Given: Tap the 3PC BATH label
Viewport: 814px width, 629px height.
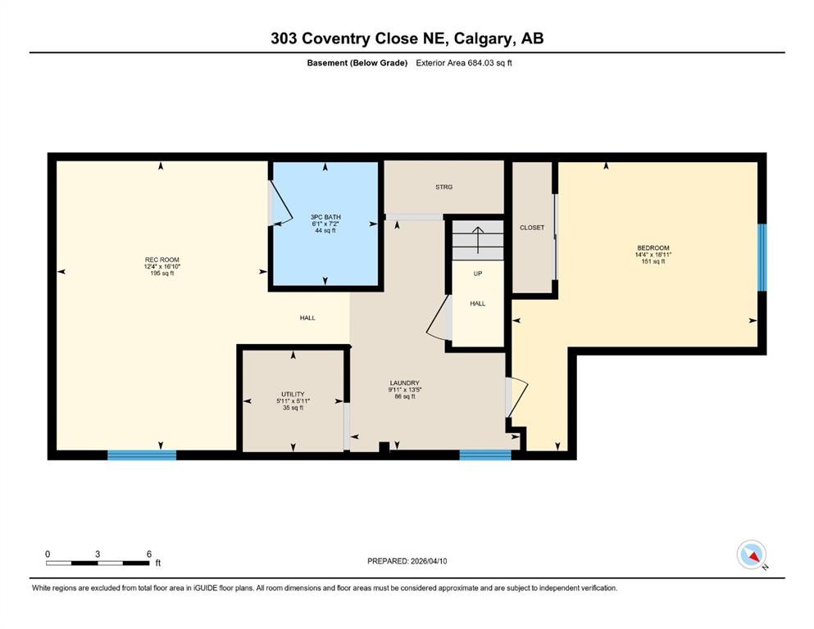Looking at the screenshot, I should click(325, 217).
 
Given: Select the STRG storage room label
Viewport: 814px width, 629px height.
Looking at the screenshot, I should click(443, 187).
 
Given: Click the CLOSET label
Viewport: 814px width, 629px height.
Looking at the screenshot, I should click(532, 228).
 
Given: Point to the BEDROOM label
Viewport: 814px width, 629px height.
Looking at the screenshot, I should click(653, 248).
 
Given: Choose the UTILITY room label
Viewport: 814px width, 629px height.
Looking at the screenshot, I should click(293, 394).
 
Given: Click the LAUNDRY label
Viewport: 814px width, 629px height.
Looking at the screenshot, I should click(404, 382).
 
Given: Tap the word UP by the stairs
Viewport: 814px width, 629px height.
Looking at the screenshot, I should click(477, 274).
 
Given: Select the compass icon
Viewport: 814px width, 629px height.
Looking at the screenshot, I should click(751, 554).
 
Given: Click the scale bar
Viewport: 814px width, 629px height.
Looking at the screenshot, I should click(98, 563).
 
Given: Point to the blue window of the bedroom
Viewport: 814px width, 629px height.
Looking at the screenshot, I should click(762, 257).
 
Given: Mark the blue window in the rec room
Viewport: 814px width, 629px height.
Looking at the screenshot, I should click(142, 455).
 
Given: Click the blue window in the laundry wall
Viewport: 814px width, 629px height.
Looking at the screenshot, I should click(485, 455).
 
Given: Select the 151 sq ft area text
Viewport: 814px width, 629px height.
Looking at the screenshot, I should click(653, 261).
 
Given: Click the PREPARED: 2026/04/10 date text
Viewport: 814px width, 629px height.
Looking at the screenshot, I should click(407, 561).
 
